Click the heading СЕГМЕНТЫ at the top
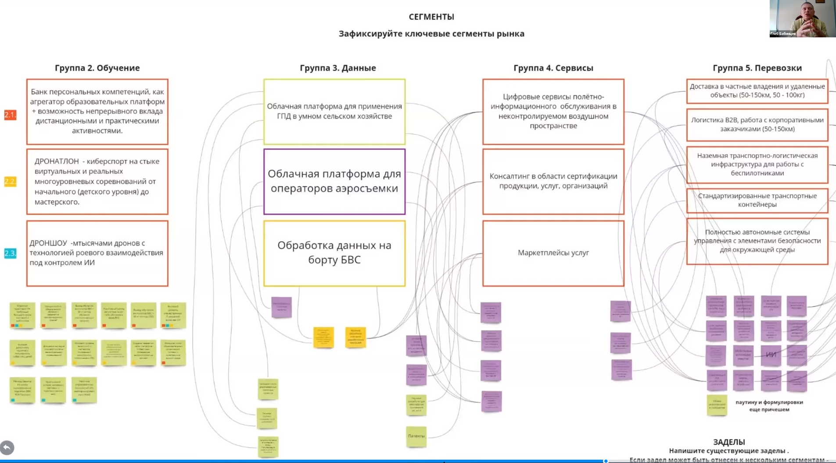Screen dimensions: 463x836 (x=431, y=17)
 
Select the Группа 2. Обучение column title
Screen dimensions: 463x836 (x=97, y=68)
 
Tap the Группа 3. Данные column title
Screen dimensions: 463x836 (x=337, y=68)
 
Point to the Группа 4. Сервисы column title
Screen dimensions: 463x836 (x=553, y=68)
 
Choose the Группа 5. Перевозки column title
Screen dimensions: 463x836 (x=757, y=68)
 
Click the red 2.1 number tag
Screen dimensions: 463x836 (x=10, y=115)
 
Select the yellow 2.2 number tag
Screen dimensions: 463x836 (x=10, y=181)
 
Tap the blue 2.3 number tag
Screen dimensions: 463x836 (x=10, y=253)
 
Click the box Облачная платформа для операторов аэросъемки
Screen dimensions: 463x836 (x=334, y=181)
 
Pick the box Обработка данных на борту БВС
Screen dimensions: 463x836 (x=334, y=253)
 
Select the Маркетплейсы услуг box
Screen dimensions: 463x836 (x=553, y=253)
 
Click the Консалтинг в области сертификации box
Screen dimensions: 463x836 (x=553, y=181)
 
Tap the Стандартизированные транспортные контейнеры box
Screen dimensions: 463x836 (x=757, y=200)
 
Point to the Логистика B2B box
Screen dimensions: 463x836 (x=757, y=124)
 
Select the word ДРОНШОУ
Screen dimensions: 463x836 (x=48, y=243)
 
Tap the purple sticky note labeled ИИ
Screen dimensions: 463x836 (x=771, y=354)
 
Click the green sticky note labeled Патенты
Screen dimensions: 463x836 (x=416, y=436)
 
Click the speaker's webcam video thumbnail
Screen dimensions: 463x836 (x=802, y=18)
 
